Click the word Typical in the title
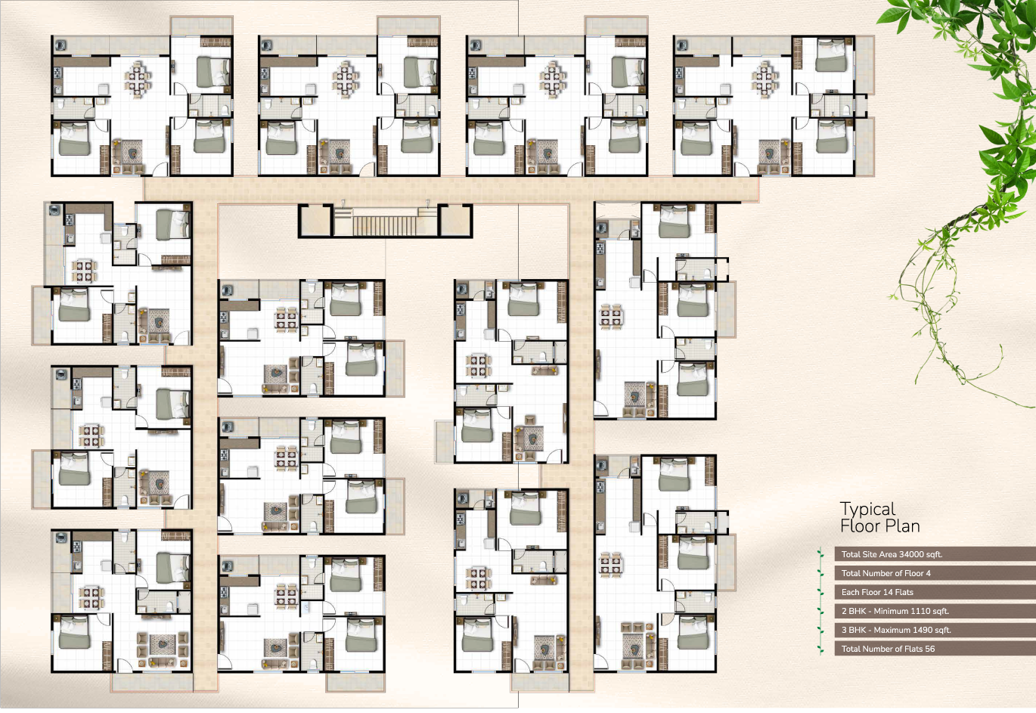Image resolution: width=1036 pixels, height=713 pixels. coord(867,510)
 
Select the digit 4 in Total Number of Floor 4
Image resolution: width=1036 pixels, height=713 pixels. coord(928,573)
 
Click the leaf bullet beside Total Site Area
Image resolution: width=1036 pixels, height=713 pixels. coord(821,554)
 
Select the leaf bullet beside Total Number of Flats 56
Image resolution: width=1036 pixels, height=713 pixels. coord(821,649)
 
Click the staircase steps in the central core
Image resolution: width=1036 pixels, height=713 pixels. coord(385,225)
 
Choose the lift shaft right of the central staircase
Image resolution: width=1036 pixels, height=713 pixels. coord(454,221)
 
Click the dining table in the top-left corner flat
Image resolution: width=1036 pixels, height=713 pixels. coord(138,79)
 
